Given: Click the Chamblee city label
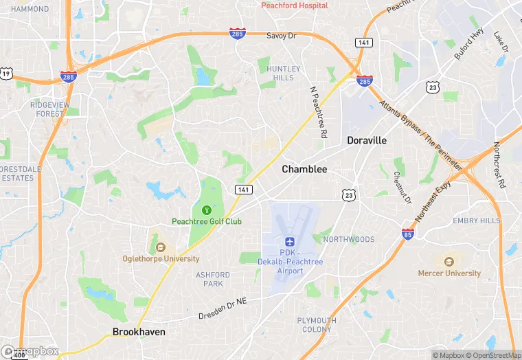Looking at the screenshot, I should (304, 169).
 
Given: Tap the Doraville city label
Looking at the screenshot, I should (366, 140).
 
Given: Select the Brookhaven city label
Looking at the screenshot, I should (139, 332).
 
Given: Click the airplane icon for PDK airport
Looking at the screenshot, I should (289, 242).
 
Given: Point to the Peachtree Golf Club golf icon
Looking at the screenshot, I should (206, 210).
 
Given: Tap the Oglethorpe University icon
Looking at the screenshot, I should (161, 247).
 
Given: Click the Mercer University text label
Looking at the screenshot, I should (449, 273).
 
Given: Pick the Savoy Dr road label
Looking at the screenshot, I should (280, 36).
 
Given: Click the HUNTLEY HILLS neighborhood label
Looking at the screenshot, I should (284, 73).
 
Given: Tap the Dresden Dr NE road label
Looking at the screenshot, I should (220, 308).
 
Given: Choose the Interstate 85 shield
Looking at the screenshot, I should (407, 234).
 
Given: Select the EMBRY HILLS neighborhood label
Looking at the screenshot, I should (476, 221).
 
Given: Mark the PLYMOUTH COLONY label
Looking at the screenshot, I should (317, 324).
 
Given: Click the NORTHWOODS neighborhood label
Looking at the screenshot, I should (349, 239).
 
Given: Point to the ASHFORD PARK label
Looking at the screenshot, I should (213, 279).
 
